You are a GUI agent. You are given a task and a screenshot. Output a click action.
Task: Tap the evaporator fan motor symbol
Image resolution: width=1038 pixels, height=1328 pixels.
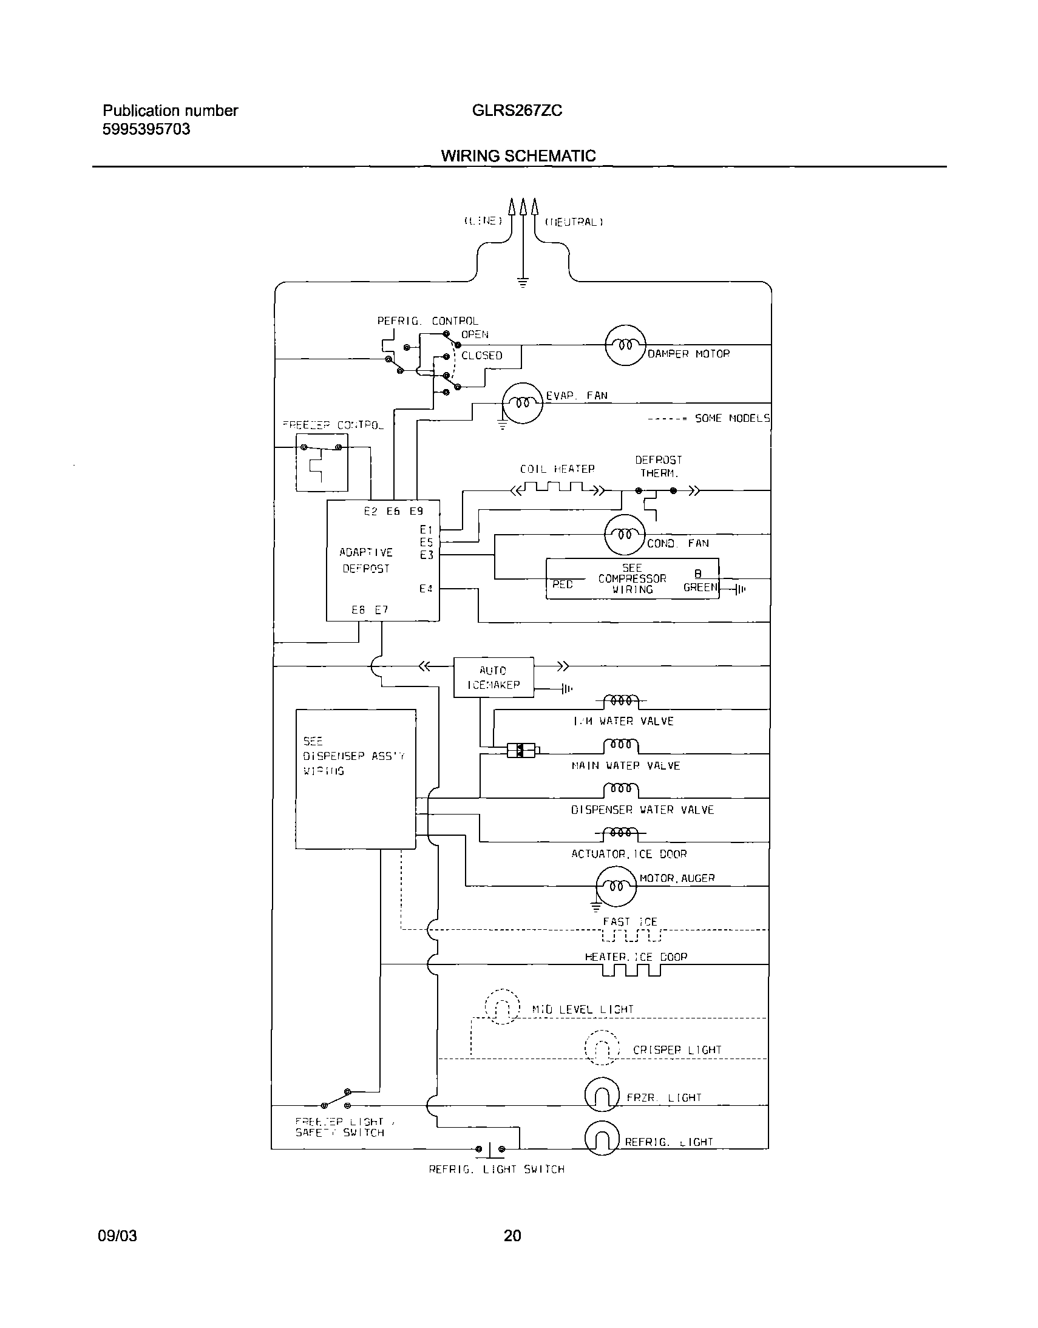coord(522,403)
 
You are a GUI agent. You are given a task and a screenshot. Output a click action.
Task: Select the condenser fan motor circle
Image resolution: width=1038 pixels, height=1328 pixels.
coord(625,535)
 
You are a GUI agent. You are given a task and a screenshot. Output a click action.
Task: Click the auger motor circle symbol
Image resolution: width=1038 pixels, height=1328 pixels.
coord(616,887)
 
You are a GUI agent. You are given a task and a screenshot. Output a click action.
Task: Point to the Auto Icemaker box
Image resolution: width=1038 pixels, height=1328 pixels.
coord(493,677)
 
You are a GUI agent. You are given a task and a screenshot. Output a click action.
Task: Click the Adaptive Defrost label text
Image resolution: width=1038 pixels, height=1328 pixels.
coord(366,560)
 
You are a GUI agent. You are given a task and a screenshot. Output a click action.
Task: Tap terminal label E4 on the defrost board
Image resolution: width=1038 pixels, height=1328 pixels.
coord(426,589)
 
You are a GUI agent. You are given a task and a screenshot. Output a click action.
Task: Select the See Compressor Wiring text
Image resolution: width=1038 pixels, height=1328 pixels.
coord(632,578)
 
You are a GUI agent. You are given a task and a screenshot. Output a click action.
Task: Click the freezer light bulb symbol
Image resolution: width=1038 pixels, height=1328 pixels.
coord(602,1095)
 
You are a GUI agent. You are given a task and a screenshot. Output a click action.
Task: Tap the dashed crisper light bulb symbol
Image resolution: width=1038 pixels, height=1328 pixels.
coord(602,1048)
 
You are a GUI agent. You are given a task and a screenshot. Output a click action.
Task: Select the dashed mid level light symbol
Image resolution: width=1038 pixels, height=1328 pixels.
coord(502,1007)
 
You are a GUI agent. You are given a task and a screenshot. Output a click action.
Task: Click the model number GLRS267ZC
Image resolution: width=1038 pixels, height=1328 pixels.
coord(517,110)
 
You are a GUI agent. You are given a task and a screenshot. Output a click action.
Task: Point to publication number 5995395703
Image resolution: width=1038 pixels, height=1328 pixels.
coord(146,129)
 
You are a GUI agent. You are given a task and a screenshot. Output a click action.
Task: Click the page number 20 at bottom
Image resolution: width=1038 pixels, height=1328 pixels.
coord(512,1236)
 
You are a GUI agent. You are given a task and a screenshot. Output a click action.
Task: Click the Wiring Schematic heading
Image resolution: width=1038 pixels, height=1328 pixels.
coord(518,155)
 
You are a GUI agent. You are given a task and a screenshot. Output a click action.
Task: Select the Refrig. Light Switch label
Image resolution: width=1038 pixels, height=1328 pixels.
coord(496,1170)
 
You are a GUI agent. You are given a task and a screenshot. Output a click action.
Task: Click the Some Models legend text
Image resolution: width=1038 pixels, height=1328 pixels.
coord(732,418)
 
